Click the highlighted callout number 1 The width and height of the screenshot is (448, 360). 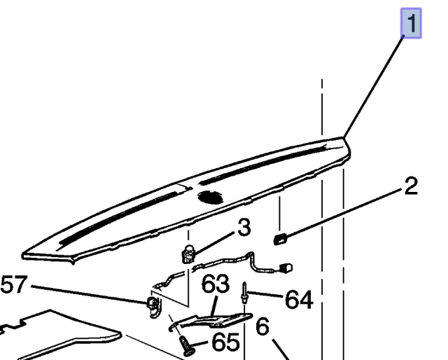[x=411, y=23]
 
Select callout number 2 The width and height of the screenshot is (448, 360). [x=411, y=186]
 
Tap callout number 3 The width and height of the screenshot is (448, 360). [x=244, y=228]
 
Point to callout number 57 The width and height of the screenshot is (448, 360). [x=14, y=284]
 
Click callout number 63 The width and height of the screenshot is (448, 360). [x=216, y=284]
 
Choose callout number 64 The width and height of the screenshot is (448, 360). [x=299, y=299]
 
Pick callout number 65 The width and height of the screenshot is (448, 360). [x=225, y=342]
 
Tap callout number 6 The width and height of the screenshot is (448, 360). [x=262, y=326]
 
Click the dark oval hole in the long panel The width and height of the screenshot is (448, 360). [x=211, y=197]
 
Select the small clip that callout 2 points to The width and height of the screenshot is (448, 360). [x=280, y=239]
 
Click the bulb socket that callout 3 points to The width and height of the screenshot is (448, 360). [x=188, y=254]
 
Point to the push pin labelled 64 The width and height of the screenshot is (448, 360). [x=244, y=293]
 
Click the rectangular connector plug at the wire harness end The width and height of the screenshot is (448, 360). [x=286, y=268]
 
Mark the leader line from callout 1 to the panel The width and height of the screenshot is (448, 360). [x=373, y=87]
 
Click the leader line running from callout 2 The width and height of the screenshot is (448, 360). [x=343, y=213]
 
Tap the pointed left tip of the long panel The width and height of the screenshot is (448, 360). [x=23, y=256]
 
